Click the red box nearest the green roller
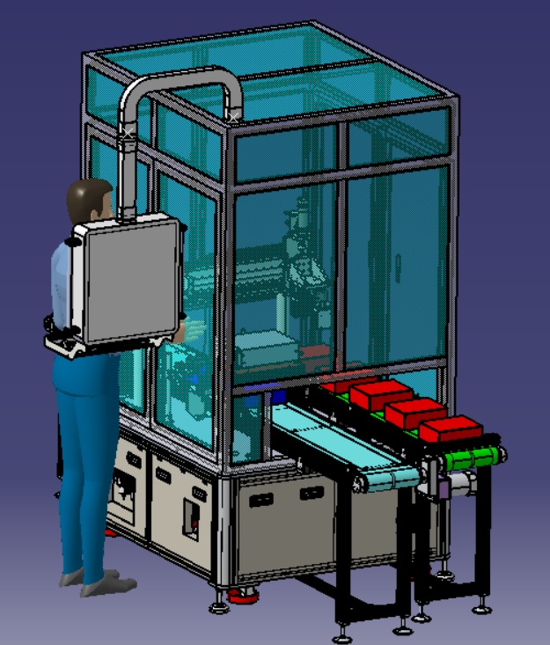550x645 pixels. coord(450,429)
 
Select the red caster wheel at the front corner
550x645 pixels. coord(242,597)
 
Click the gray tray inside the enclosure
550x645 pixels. coord(264,348)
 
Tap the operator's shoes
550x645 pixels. coord(97,581)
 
